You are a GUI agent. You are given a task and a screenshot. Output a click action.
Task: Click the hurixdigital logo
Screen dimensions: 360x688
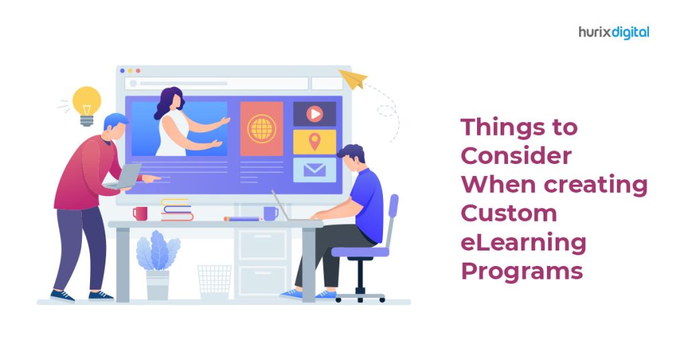click(x=614, y=32)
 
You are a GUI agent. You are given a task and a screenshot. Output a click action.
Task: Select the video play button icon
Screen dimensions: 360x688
click(x=314, y=114)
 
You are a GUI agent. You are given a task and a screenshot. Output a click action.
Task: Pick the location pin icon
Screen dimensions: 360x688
click(x=314, y=142)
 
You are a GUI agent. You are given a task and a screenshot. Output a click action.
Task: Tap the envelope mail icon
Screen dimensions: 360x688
click(x=314, y=169)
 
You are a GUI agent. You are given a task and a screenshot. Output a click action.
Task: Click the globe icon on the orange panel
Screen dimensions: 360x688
click(x=261, y=128)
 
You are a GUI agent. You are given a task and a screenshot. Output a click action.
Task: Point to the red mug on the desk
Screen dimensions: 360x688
click(x=140, y=213)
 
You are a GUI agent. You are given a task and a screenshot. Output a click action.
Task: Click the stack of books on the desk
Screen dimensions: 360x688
click(x=177, y=210)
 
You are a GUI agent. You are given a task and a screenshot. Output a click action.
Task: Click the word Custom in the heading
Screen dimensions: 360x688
click(x=509, y=214)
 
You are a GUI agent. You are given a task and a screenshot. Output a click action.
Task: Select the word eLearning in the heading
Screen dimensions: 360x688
click(x=523, y=242)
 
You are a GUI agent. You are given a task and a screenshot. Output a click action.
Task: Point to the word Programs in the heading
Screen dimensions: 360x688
click(x=521, y=271)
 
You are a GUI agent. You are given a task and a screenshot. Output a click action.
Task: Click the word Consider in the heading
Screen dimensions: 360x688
click(x=516, y=156)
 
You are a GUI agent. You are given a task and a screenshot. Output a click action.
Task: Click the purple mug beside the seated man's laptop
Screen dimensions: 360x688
click(x=270, y=213)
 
